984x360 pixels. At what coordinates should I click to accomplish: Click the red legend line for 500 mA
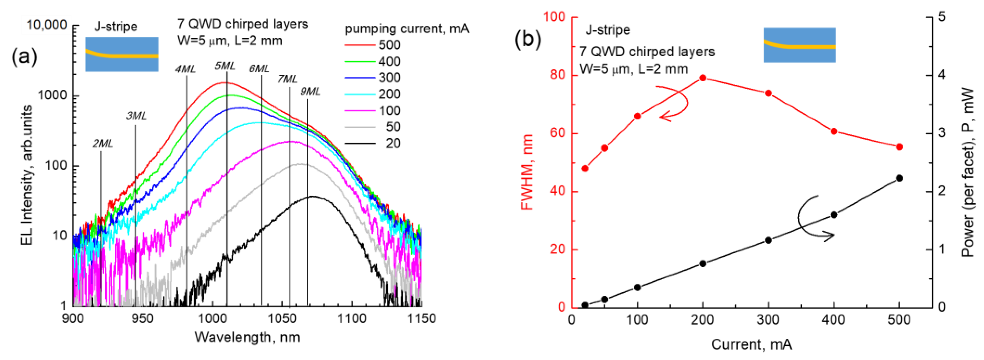coord(360,45)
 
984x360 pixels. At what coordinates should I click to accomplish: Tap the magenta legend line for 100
coord(360,111)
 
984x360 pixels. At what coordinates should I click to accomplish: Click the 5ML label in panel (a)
coord(225,66)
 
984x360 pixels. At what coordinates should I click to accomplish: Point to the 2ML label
coord(103,144)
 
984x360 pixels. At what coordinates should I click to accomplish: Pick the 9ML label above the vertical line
coord(310,91)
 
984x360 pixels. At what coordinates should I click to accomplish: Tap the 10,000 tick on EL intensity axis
coord(47,25)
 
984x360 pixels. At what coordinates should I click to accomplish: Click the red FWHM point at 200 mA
coord(702,78)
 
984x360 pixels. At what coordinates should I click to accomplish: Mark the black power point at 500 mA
coord(899,178)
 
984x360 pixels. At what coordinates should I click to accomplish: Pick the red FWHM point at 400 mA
coord(834,131)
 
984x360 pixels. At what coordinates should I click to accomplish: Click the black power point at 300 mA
coord(768,240)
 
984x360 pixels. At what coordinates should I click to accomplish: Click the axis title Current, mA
coord(751,344)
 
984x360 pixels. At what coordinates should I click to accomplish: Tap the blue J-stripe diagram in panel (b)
coord(799,45)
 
